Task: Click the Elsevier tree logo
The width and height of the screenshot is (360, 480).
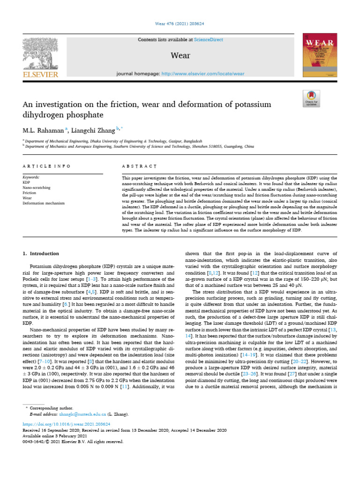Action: (40, 53)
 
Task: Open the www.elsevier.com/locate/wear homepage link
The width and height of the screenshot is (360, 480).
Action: (202, 74)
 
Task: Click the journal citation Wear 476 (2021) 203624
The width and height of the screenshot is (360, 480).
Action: (180, 24)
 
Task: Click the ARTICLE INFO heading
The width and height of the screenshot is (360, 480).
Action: (47, 166)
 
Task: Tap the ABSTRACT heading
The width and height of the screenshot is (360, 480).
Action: (139, 166)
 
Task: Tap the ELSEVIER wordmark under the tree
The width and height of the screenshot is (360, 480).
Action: (40, 74)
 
